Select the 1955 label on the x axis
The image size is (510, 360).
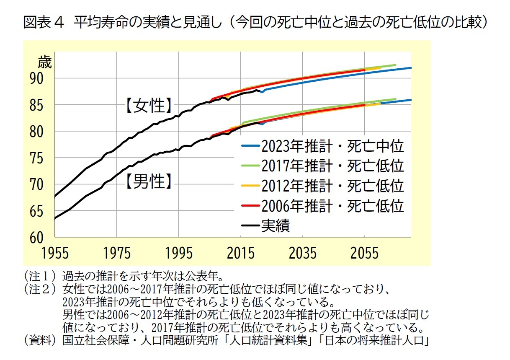[55, 254]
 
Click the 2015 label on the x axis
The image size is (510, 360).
[241, 254]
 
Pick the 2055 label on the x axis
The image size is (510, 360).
[365, 254]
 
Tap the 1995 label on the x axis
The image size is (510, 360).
[179, 254]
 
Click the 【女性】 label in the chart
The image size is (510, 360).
[149, 106]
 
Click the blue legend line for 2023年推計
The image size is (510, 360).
[251, 146]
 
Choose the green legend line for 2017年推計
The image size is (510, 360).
[251, 166]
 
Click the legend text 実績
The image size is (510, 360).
[276, 226]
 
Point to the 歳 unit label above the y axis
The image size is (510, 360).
[45, 63]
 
